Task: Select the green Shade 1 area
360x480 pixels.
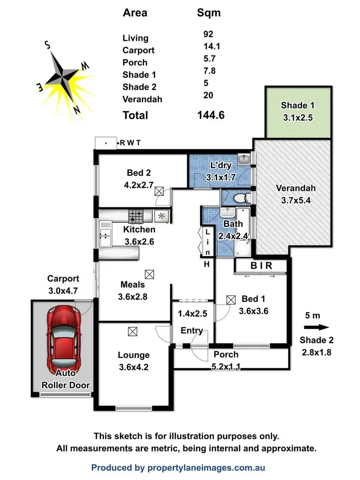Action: (298, 112)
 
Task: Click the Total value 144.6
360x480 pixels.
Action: (211, 115)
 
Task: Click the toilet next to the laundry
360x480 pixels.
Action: (239, 197)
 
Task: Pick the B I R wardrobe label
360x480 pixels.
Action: (261, 266)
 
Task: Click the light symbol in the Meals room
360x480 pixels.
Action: (150, 274)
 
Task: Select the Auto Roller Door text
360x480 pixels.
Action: (65, 380)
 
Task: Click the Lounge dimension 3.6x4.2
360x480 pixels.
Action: (134, 368)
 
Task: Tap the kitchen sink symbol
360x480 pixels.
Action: (105, 235)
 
